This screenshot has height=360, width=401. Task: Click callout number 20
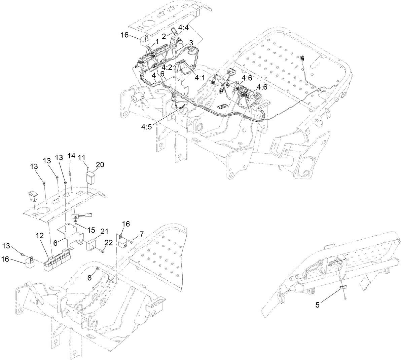pyautogui.click(x=100, y=165)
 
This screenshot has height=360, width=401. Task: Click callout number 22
pyautogui.click(x=108, y=243)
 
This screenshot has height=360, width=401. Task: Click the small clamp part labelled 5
pyautogui.click(x=343, y=288)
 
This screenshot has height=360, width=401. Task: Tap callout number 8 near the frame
pyautogui.click(x=89, y=278)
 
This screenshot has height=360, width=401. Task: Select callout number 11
pyautogui.click(x=81, y=157)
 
